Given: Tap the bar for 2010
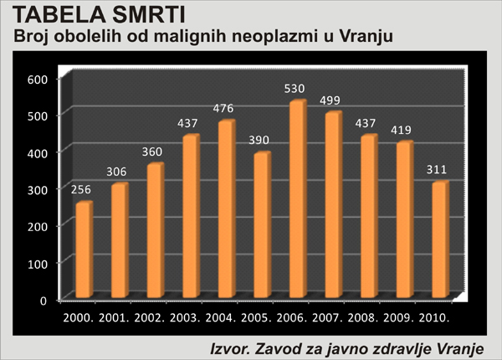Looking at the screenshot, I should (440, 239).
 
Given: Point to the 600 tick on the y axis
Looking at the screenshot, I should (39, 79).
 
